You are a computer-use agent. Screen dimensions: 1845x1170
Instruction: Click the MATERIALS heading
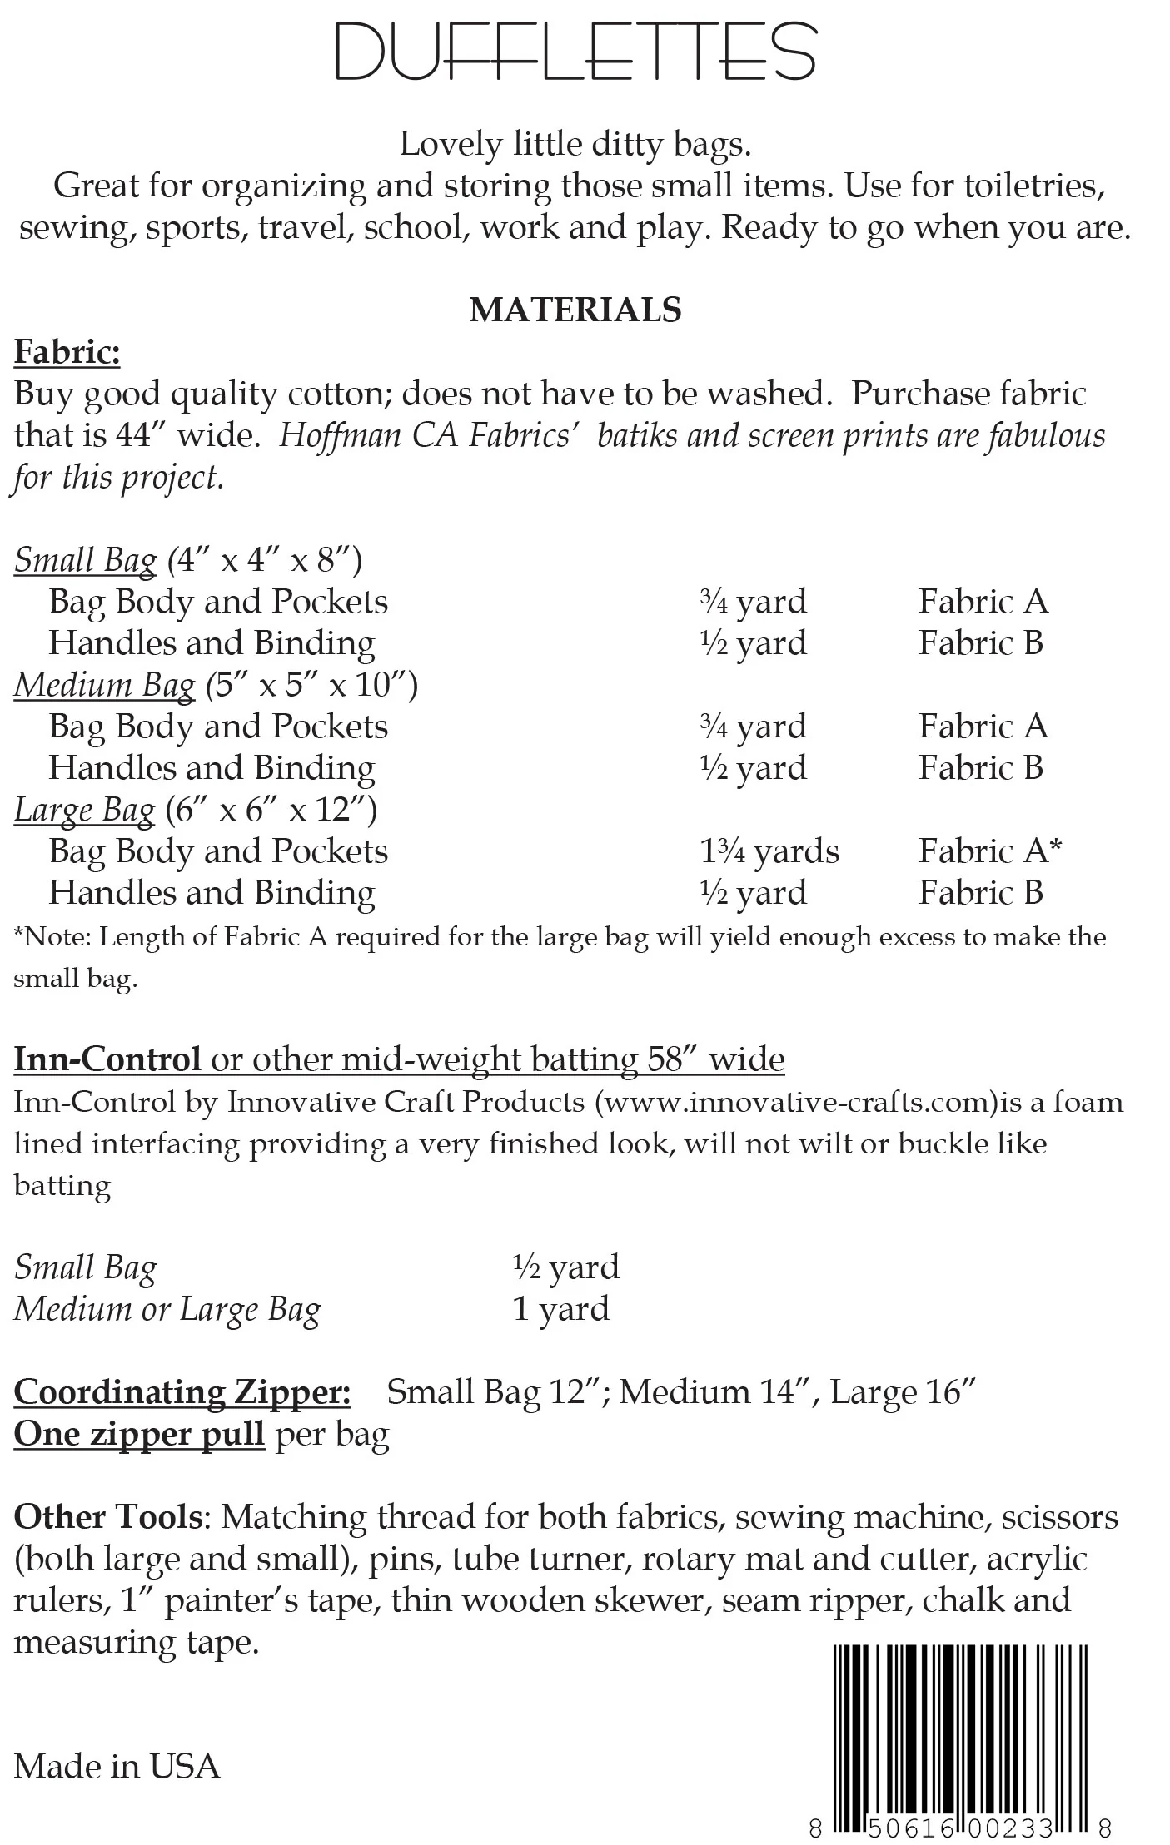coord(575,310)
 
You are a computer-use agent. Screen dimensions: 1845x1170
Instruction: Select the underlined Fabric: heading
coord(67,352)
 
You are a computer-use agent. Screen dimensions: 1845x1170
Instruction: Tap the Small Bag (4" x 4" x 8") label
coord(188,560)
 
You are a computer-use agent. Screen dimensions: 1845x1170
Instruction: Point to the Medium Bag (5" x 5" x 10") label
coord(216,685)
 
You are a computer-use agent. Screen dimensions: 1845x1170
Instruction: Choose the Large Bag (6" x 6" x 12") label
coord(196,810)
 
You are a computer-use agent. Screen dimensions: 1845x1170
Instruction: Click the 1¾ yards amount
coord(769,851)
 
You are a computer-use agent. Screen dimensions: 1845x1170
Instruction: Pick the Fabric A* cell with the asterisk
coord(990,851)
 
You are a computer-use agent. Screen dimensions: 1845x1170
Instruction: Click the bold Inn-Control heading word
coord(107,1059)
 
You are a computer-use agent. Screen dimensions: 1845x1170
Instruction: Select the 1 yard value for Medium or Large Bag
coord(560,1309)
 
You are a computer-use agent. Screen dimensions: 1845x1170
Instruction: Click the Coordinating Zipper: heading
coord(182,1392)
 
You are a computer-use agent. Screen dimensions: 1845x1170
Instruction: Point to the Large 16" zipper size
coord(903,1392)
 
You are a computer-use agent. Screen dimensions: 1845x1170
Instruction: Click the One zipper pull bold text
coord(139,1434)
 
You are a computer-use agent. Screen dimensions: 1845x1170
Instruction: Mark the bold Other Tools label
coord(107,1517)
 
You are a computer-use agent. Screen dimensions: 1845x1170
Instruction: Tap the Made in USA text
coord(117,1766)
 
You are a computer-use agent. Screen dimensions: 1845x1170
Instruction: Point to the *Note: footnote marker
coord(53,937)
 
